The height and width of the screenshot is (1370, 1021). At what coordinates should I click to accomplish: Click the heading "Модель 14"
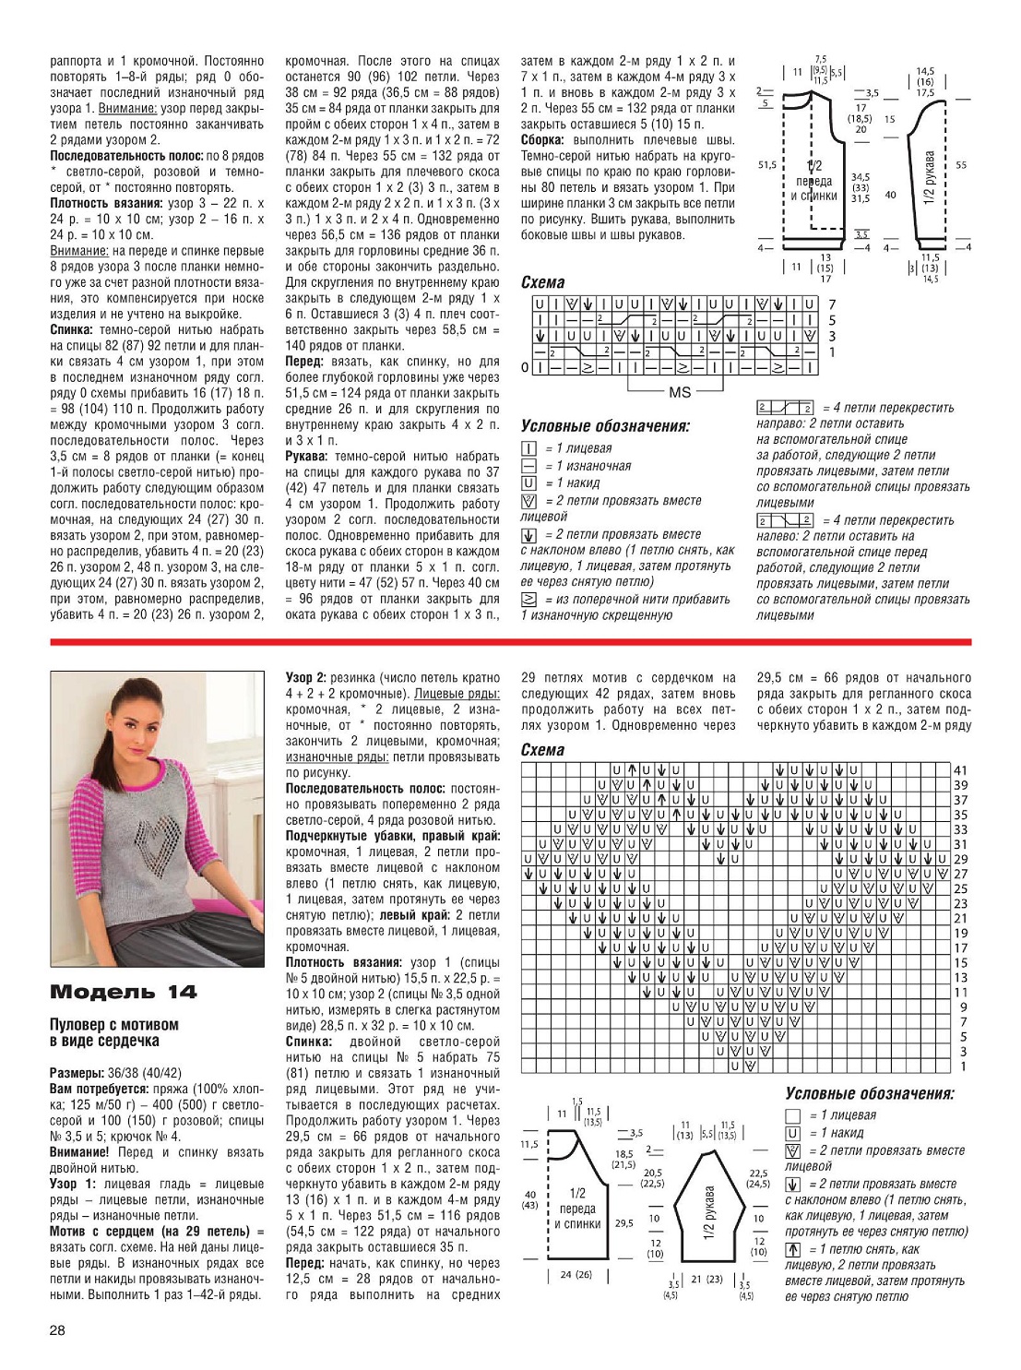click(x=123, y=992)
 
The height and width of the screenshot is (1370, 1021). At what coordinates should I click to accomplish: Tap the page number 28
click(x=58, y=1329)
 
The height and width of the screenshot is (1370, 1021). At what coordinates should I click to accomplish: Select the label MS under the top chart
click(x=679, y=392)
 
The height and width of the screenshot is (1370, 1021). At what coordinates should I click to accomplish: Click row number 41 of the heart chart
click(x=961, y=770)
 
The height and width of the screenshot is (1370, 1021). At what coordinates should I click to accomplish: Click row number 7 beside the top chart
click(x=831, y=304)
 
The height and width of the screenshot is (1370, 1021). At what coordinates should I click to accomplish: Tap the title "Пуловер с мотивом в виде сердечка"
click(x=114, y=1032)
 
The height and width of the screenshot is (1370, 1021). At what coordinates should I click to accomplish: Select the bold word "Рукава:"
click(x=307, y=457)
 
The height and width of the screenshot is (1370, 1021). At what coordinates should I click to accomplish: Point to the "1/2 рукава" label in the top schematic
click(x=930, y=177)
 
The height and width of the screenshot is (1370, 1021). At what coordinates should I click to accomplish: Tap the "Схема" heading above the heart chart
click(x=542, y=750)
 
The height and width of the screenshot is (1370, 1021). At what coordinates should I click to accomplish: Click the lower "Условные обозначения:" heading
click(x=869, y=1094)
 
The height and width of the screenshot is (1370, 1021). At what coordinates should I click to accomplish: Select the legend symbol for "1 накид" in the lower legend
click(x=792, y=1133)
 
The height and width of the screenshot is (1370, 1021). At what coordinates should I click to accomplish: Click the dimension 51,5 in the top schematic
click(x=766, y=165)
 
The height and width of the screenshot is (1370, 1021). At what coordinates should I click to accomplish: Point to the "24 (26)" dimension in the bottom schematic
click(x=576, y=1275)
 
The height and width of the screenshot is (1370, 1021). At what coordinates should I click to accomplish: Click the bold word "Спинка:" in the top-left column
click(x=71, y=329)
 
